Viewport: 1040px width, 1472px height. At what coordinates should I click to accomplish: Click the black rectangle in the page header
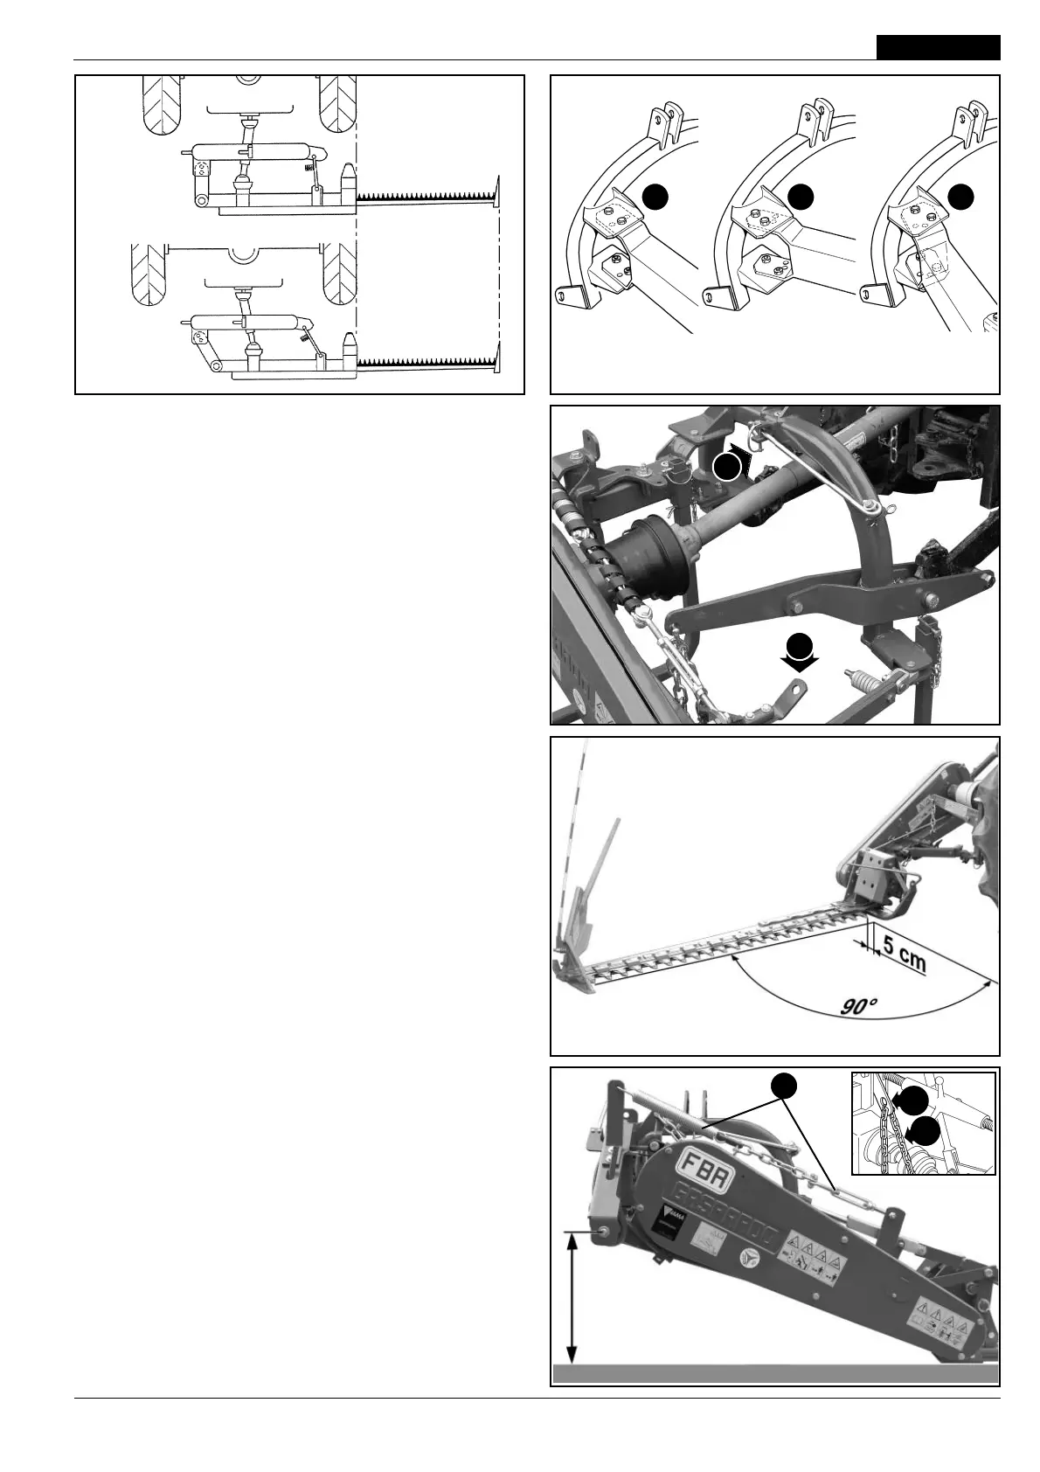(939, 47)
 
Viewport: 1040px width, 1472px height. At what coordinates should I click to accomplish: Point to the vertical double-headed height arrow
(572, 1308)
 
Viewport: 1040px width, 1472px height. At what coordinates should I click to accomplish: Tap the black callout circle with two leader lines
(784, 1086)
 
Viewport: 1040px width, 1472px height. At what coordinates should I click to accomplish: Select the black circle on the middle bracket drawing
(800, 198)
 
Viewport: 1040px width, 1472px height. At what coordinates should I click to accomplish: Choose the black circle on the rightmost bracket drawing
(960, 198)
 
